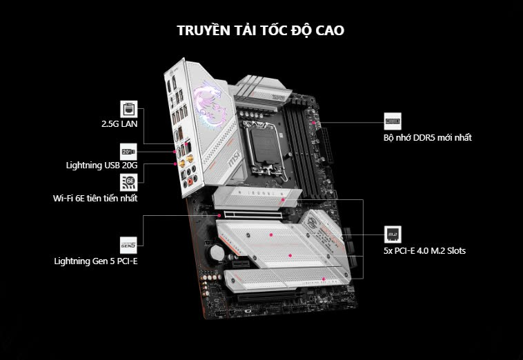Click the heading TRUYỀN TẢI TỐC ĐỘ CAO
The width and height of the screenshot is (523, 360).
[260, 30]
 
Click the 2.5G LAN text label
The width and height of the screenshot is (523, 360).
[119, 124]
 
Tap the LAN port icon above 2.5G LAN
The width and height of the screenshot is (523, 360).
[129, 109]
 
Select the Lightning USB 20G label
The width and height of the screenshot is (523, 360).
[101, 166]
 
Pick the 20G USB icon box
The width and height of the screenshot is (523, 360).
[129, 152]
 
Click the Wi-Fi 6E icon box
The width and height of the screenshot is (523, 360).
[129, 182]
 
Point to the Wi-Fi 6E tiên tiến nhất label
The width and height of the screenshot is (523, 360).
[95, 199]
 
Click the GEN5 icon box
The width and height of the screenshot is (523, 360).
[129, 246]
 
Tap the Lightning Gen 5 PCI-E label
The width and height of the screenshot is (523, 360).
[96, 261]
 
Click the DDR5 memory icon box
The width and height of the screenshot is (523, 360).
[393, 121]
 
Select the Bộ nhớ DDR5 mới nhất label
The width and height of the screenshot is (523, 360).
[428, 137]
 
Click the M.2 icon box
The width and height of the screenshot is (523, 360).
[393, 234]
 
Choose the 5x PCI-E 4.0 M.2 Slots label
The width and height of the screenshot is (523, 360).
[424, 250]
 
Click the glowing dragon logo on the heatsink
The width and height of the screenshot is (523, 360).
[208, 103]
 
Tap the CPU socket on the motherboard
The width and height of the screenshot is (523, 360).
[265, 146]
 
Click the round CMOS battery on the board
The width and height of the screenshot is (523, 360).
[217, 252]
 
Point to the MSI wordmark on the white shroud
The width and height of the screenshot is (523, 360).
[234, 159]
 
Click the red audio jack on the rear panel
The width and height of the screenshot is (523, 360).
[190, 181]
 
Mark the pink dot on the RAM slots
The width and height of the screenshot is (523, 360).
[313, 122]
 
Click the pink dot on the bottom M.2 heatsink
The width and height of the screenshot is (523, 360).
[323, 279]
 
